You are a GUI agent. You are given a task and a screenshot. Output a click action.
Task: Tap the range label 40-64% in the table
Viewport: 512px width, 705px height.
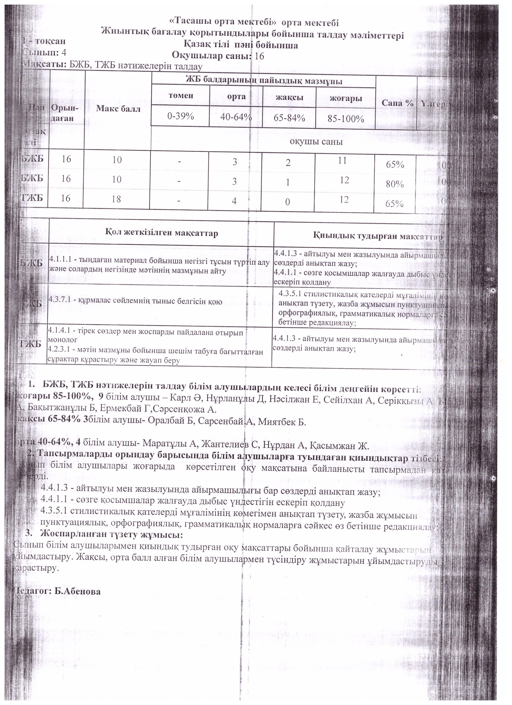pos(236,117)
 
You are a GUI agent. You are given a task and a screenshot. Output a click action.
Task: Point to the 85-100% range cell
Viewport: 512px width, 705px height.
pos(345,119)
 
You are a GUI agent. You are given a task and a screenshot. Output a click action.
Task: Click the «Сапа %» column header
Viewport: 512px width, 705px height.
pos(397,103)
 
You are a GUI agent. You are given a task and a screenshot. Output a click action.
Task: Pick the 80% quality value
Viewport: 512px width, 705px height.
pos(395,184)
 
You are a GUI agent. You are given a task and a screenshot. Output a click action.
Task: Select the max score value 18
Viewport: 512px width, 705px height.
pos(116,199)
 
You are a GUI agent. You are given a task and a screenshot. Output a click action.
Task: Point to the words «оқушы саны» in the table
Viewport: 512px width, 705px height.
pos(316,142)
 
